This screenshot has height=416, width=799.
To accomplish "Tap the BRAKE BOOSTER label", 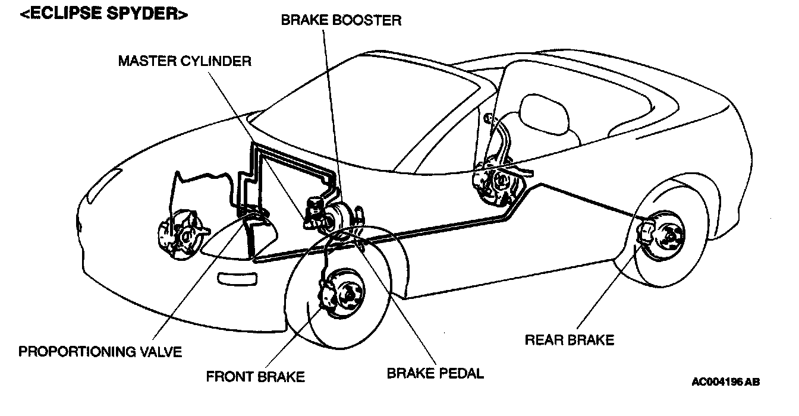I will pyautogui.click(x=341, y=20).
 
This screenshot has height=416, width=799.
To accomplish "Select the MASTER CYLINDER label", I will pyautogui.click(x=184, y=61).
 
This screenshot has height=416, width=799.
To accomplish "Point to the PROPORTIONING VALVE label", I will pyautogui.click(x=100, y=352).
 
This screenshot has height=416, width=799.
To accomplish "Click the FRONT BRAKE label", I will pyautogui.click(x=255, y=377).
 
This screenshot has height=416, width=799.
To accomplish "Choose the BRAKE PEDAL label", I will pyautogui.click(x=435, y=374).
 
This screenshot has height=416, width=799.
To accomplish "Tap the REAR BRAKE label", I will pyautogui.click(x=570, y=340).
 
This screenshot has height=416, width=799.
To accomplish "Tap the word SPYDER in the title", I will pyautogui.click(x=150, y=14).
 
